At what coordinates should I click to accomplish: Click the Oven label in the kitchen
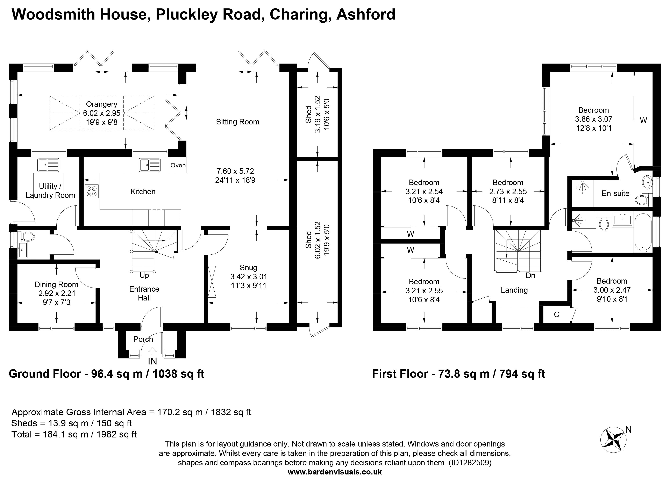point(178,165)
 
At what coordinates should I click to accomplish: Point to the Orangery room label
point(102,104)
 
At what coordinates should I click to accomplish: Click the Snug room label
point(249,268)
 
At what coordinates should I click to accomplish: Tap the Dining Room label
point(56,285)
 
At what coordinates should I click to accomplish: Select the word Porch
point(143,339)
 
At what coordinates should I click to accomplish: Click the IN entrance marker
point(152,362)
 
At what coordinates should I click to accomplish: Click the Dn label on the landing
point(530,276)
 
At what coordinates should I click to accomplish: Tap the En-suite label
point(615,194)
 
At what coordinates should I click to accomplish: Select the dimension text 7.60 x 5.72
point(235,171)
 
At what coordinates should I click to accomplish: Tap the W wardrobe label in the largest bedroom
point(643,120)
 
